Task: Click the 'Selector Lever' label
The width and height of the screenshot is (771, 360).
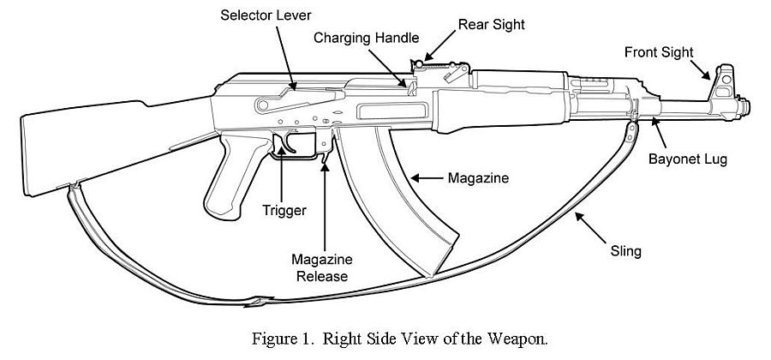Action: pos(265,15)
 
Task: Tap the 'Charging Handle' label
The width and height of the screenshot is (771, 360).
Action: pos(366,38)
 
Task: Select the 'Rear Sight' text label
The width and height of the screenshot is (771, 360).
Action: pos(491,25)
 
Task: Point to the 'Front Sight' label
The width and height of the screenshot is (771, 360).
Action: pos(658,52)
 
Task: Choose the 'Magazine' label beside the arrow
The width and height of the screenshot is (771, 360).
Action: pos(479,179)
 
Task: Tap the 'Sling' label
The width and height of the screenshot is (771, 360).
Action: pos(625,252)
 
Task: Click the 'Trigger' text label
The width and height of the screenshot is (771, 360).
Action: pos(284,209)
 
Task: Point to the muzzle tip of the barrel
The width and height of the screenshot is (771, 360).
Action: pos(747,107)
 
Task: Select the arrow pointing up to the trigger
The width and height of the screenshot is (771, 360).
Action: pos(283,176)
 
